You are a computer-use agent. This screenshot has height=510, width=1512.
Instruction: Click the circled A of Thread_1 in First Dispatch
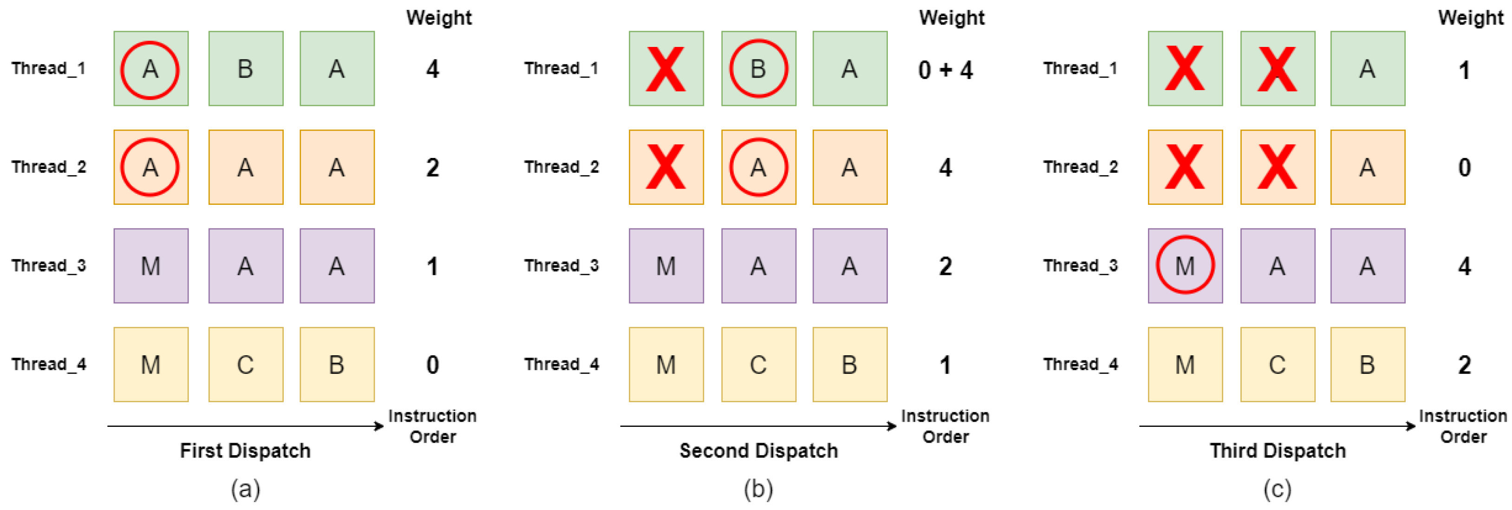150,69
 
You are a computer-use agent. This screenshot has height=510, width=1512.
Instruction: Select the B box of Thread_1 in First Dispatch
245,69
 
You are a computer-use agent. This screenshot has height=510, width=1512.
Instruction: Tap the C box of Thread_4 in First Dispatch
245,365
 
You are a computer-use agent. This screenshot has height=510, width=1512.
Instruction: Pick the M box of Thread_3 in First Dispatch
151,266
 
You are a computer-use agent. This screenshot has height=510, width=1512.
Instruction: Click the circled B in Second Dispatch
758,69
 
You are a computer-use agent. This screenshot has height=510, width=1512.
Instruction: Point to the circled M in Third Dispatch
1185,265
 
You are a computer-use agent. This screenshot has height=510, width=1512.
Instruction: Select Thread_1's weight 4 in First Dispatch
433,69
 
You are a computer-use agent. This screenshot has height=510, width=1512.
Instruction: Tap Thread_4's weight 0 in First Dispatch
433,365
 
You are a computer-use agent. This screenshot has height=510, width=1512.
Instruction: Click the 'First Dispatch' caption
245,451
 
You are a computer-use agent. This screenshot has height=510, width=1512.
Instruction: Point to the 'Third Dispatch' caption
1278,451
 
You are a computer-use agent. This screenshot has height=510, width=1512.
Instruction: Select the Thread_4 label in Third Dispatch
1081,365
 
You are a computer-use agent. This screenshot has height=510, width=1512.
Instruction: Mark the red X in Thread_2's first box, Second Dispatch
665,167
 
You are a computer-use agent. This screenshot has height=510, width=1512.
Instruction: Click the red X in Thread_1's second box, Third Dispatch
1277,69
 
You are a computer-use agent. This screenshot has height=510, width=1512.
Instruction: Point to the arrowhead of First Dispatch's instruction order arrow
380,426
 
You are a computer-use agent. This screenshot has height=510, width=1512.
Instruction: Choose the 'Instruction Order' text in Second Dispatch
945,426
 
